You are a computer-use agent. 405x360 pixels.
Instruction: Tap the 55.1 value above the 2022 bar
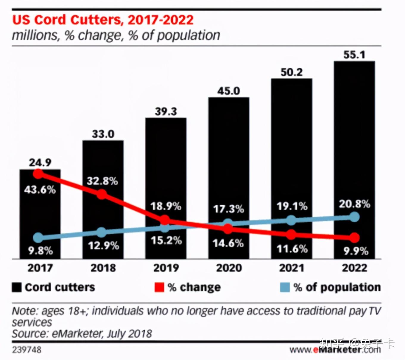tap(354, 55)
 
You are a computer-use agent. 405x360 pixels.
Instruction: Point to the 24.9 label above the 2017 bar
tap(40, 162)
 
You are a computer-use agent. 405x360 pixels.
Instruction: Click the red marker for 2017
tap(38, 173)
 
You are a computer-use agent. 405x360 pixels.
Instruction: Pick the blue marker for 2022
tap(354, 217)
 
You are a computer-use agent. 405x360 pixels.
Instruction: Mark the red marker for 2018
tap(102, 194)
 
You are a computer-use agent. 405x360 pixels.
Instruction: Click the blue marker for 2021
tap(291, 221)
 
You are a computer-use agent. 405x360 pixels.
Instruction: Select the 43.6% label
tap(40, 190)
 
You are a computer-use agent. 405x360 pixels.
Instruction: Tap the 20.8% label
tap(354, 204)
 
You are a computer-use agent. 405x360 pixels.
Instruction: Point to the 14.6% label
tap(228, 243)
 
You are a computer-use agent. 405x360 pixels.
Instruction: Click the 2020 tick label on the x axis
tap(229, 268)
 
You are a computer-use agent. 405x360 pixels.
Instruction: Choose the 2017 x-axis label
tap(40, 268)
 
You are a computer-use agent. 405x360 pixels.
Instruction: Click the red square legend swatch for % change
tap(159, 287)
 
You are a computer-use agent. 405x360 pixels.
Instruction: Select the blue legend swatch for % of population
tap(285, 287)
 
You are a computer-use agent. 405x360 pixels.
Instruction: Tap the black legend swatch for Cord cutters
tap(17, 287)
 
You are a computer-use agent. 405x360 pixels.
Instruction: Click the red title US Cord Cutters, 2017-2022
tap(103, 20)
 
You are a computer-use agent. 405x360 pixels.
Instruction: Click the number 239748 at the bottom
tap(27, 350)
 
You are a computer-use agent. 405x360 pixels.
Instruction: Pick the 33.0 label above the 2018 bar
tap(103, 134)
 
